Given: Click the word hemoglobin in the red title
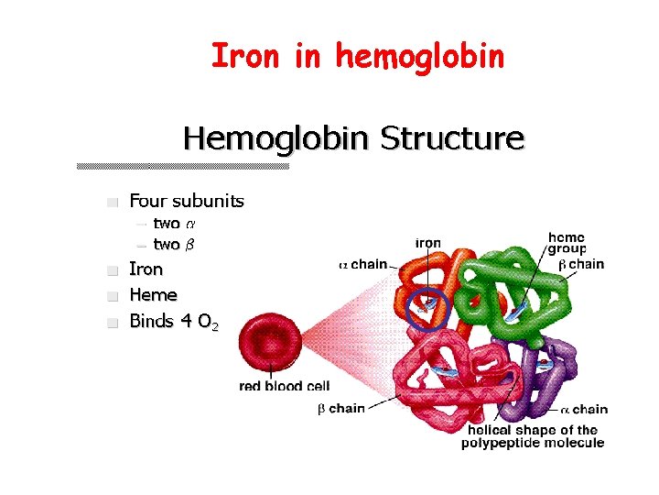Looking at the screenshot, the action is coord(420,57).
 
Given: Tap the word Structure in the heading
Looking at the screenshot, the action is coord(452,139).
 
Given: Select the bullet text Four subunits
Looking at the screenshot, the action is coord(187,201).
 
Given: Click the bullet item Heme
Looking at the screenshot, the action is coord(153,295).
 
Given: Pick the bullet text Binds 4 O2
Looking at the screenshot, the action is coord(174,322).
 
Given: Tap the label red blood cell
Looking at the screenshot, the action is coord(284,386).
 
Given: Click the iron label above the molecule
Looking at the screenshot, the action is coord(428,243).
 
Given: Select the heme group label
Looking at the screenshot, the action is coord(567,243).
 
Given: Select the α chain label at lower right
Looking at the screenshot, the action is coord(583,410).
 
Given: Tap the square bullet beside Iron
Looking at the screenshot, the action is coord(113,271).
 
